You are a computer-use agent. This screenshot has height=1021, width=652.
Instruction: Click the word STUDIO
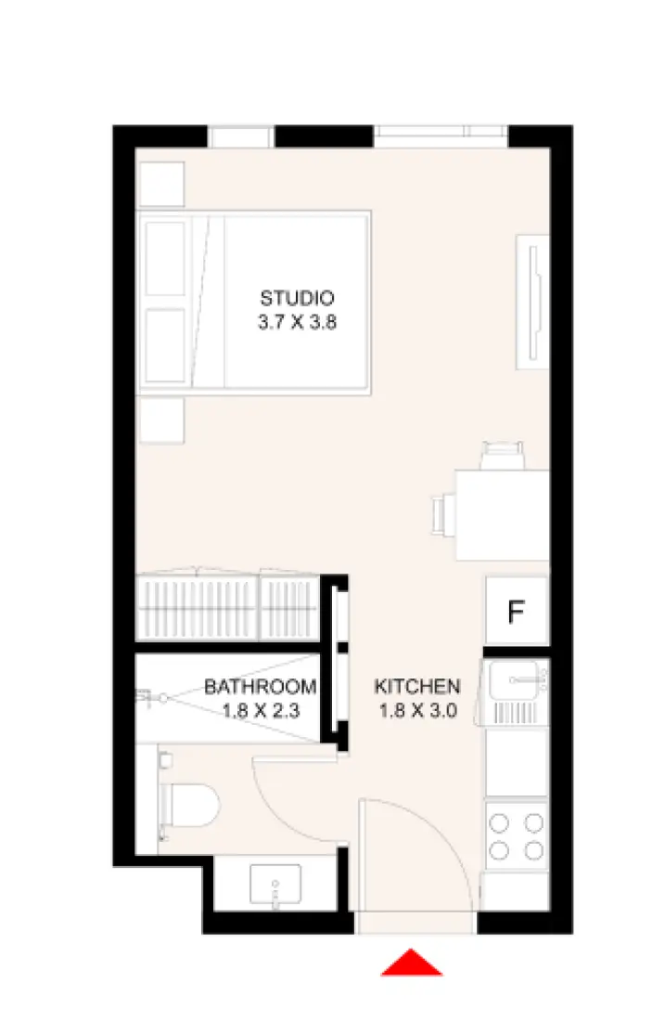[296, 299]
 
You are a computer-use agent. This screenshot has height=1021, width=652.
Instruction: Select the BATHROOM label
[261, 688]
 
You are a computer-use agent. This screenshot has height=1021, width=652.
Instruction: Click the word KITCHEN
[416, 688]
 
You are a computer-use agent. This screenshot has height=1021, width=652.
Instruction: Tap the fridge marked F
[517, 612]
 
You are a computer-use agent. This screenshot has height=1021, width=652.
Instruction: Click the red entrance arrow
[411, 963]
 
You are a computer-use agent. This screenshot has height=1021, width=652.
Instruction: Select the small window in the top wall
[240, 137]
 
